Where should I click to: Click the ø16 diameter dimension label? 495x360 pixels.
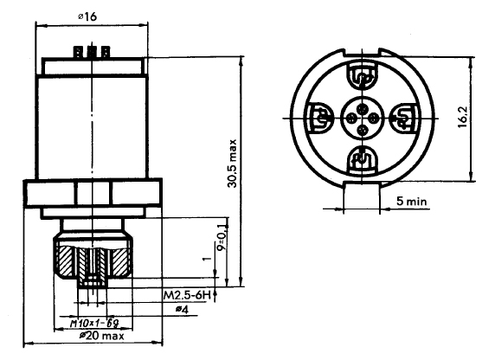[87, 16]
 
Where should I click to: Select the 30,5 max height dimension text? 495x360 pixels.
[233, 164]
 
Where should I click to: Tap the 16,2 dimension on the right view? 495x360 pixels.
[462, 116]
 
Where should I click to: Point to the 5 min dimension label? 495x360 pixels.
[412, 201]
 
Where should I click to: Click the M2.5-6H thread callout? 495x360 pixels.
[187, 295]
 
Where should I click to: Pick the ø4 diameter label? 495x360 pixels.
[182, 310]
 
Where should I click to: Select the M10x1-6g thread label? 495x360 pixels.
[94, 323]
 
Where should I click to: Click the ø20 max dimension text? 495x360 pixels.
[101, 336]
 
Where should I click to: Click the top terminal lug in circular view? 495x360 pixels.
[363, 75]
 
